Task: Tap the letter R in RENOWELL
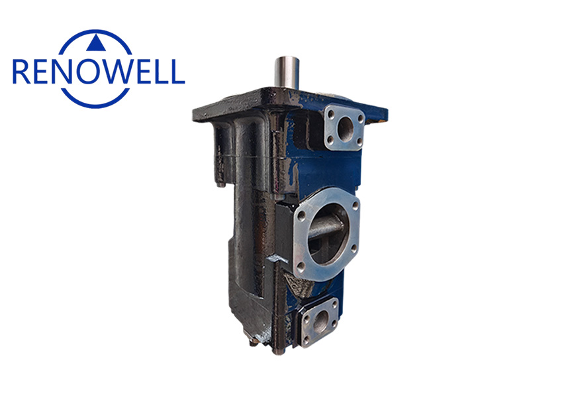[21, 71]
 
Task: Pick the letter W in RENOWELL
[122, 71]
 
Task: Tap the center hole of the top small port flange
[344, 128]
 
